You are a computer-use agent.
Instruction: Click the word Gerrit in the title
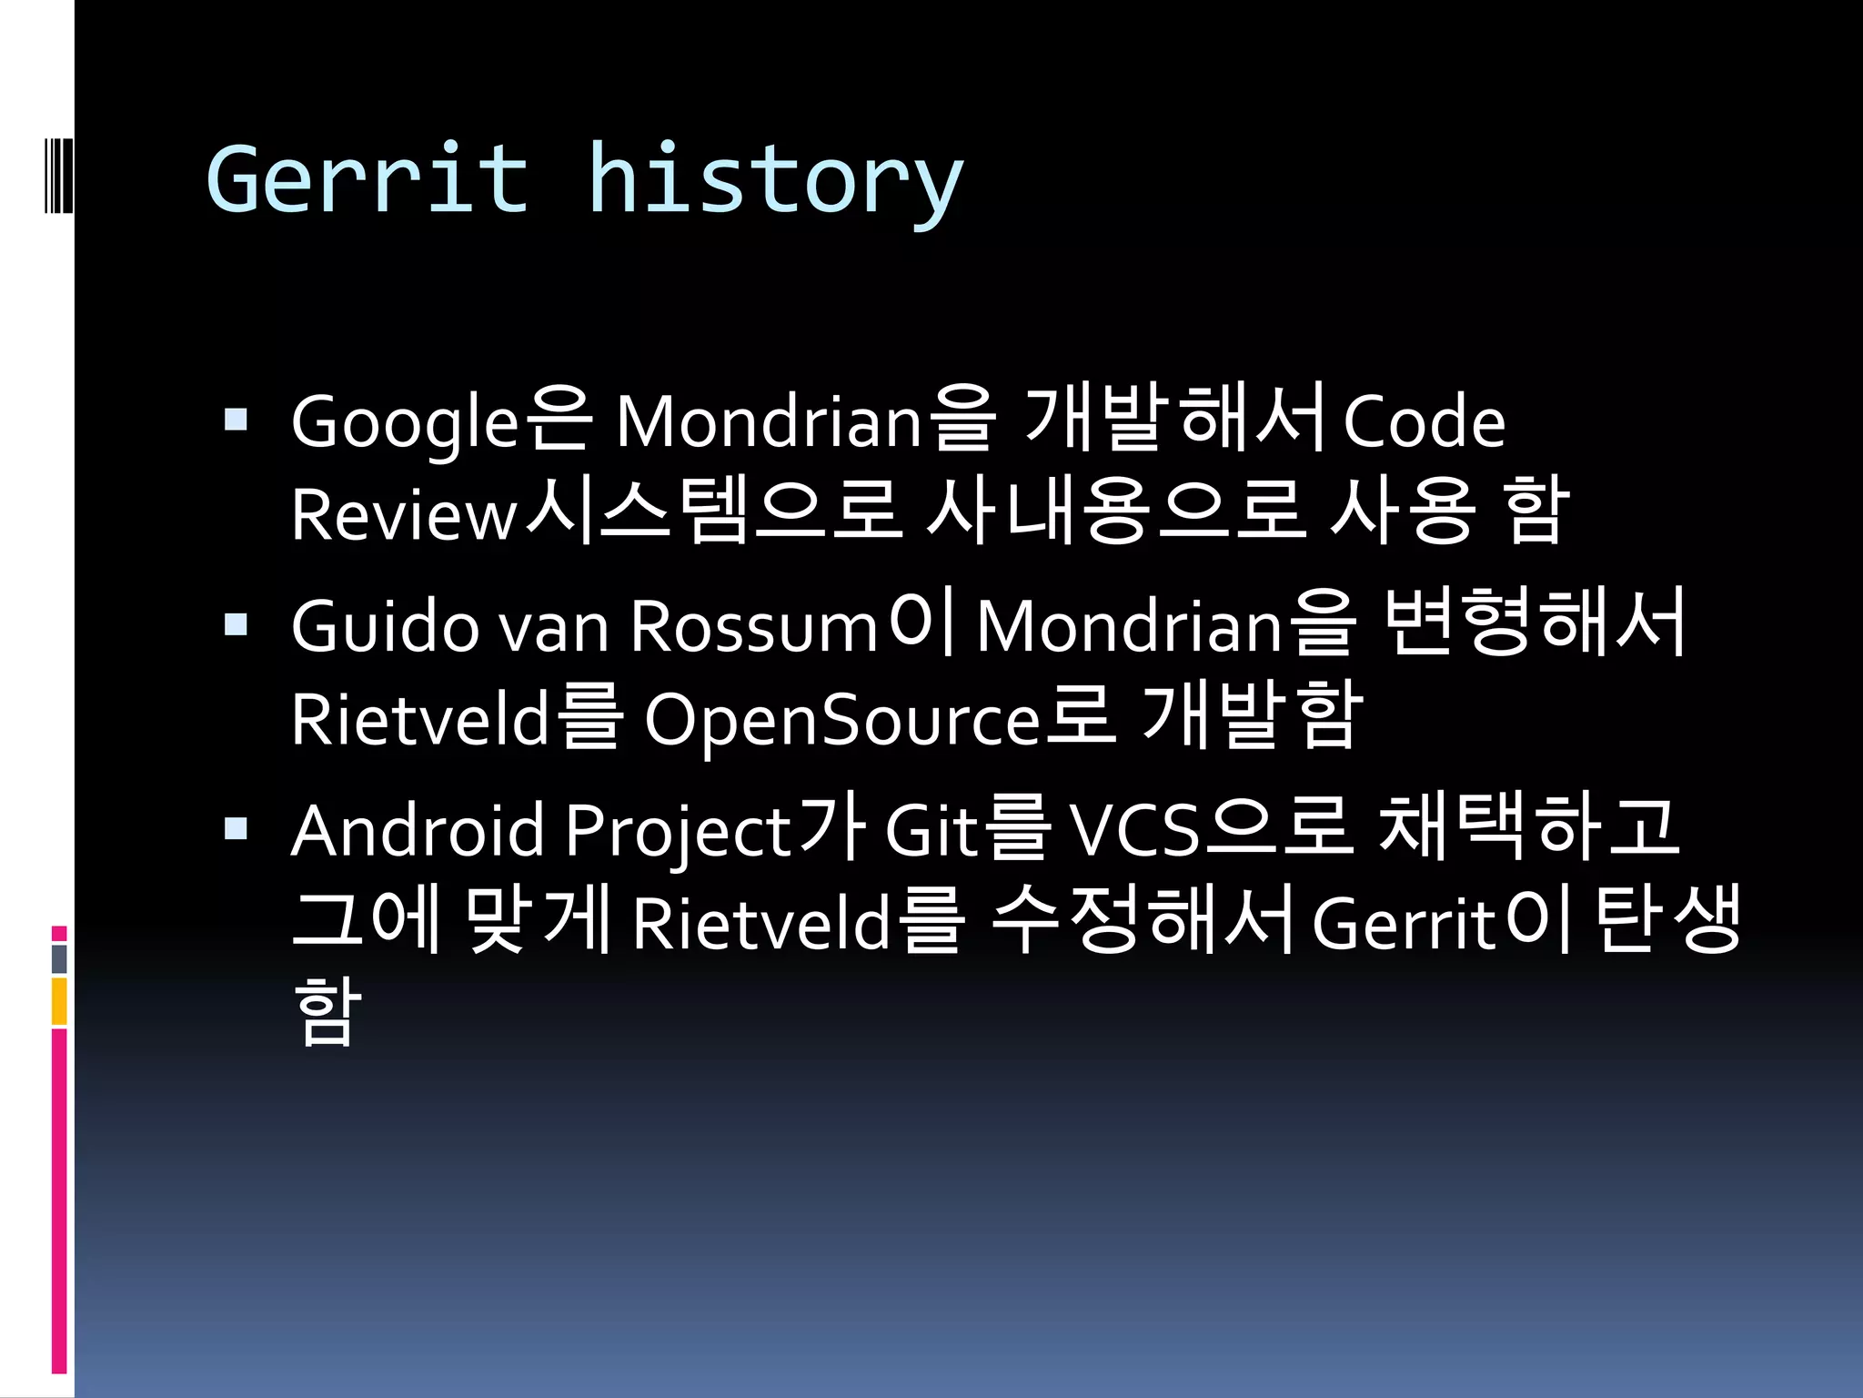point(367,179)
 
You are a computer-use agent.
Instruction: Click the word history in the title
point(775,182)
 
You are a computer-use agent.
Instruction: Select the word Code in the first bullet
point(1424,421)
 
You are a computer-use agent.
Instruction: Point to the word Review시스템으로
point(597,512)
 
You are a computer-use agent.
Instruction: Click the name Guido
point(385,626)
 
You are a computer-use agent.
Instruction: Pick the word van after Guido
point(554,628)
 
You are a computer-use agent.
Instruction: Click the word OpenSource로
point(879,719)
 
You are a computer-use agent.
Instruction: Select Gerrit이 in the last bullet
point(1442,922)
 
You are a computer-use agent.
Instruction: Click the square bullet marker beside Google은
point(237,420)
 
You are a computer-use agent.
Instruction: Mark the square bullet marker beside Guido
point(237,624)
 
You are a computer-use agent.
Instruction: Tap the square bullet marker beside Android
point(237,828)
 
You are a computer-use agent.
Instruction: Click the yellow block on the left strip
point(59,1001)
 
